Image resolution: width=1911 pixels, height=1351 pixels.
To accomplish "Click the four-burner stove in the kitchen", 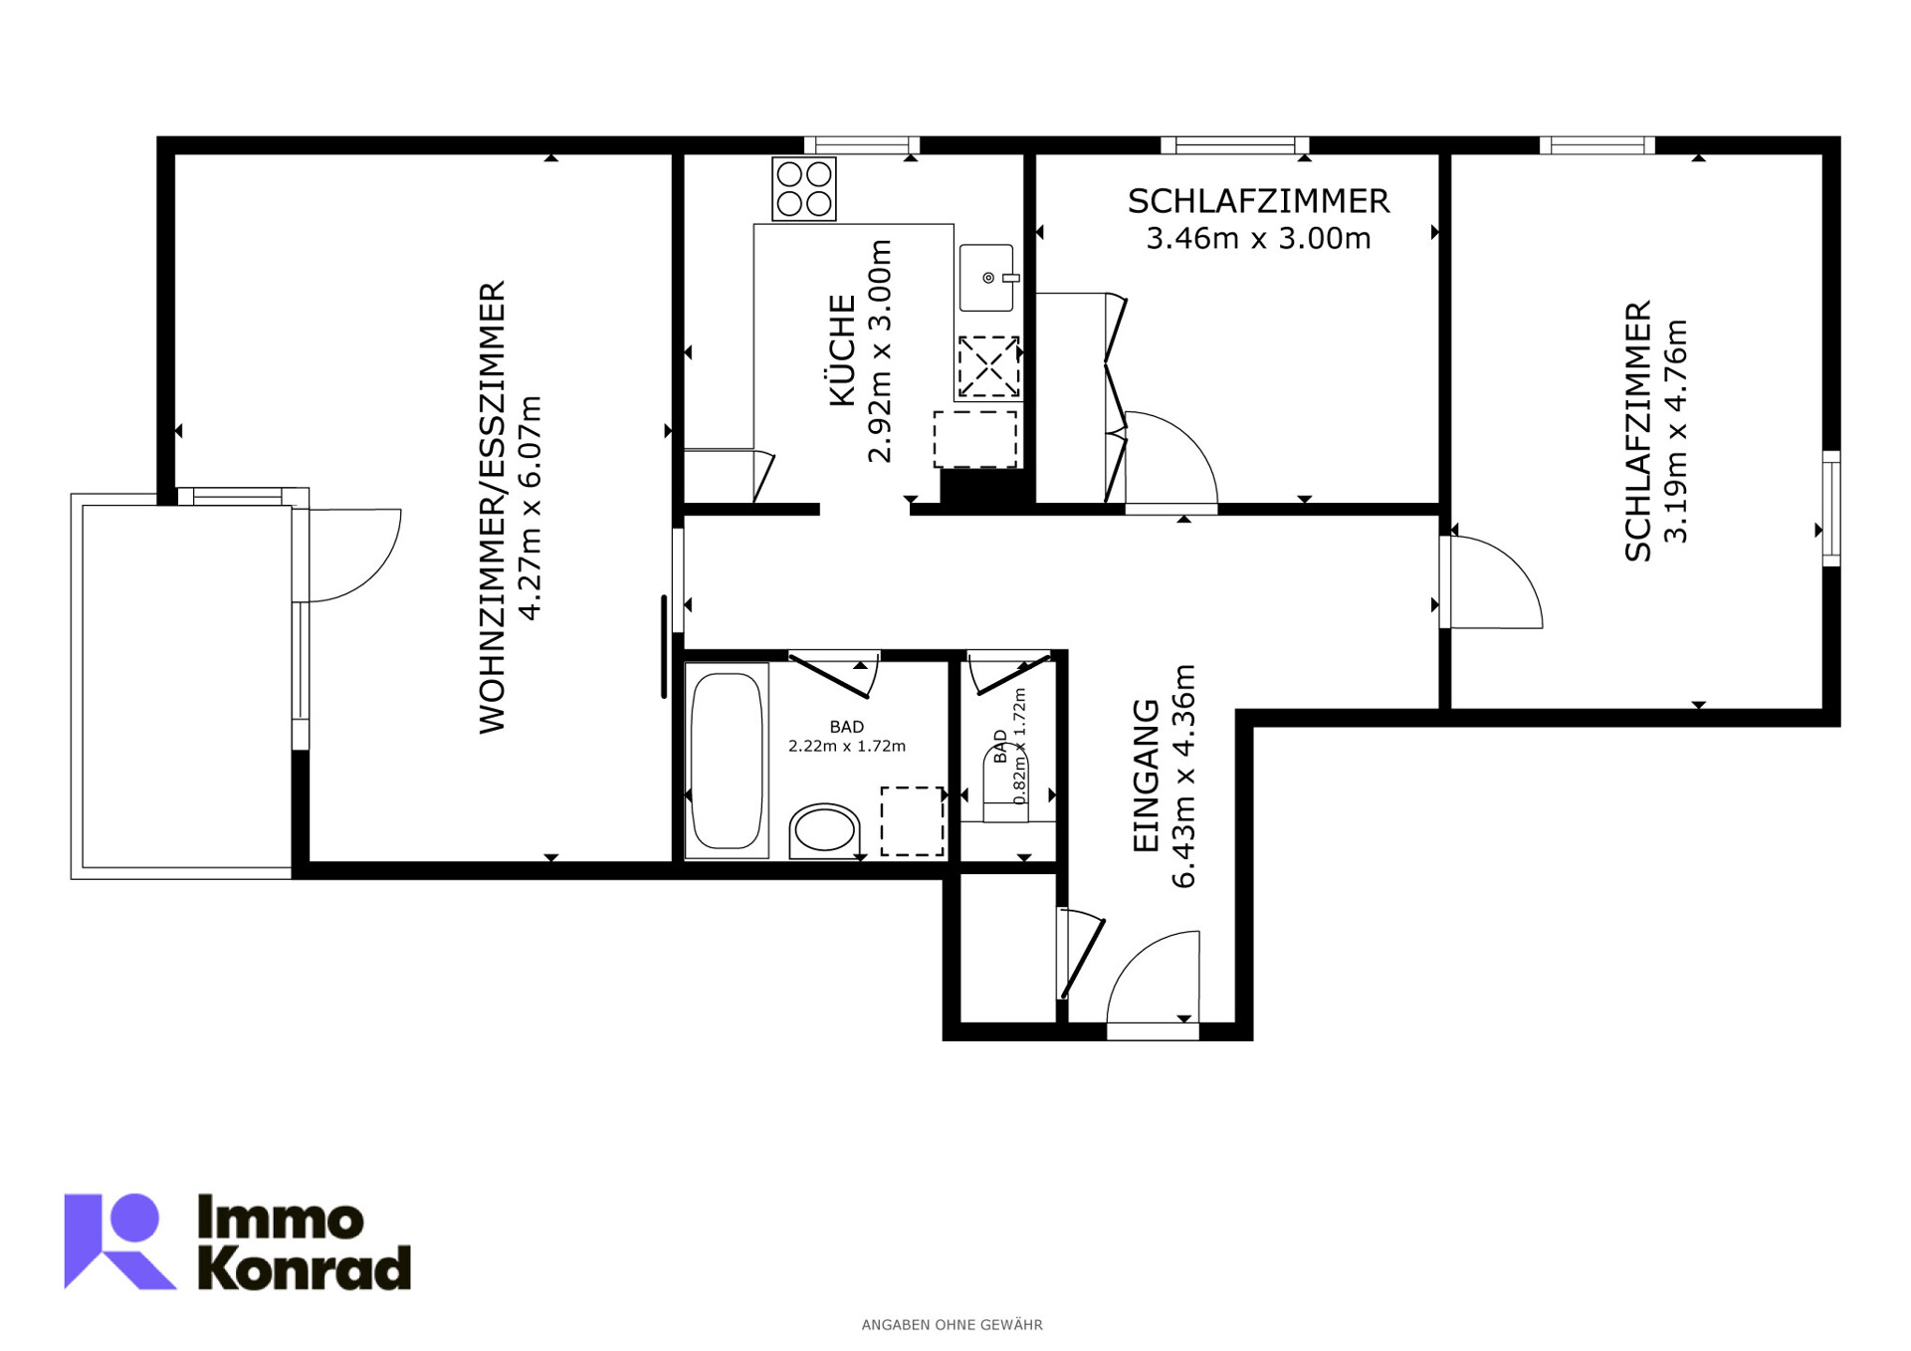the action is tap(804, 189).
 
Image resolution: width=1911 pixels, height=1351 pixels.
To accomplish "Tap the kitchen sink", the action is tap(986, 278).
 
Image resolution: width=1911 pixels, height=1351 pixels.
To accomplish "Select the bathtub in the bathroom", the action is tap(727, 762).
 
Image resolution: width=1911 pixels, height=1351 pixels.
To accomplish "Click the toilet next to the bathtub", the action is tap(825, 831).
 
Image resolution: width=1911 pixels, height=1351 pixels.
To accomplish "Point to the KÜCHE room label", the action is tap(842, 350).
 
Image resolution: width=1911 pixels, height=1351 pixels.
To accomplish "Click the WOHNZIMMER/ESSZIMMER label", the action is tap(493, 508).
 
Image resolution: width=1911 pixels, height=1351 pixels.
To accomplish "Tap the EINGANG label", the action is tap(1147, 776).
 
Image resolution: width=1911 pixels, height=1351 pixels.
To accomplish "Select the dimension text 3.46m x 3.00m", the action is tap(1258, 239).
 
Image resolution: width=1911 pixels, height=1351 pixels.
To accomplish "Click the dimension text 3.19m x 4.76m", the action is tap(1676, 431).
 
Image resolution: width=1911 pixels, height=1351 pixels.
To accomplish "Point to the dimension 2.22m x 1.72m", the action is tap(847, 746).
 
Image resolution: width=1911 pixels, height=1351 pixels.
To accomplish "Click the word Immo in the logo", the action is tap(281, 1219).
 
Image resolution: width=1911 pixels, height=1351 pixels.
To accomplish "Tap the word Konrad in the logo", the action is tap(305, 1267).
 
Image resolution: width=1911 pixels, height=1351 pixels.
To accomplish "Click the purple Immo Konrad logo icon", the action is tap(119, 1241).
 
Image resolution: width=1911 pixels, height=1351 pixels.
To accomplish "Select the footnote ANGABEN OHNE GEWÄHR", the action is tap(953, 1325).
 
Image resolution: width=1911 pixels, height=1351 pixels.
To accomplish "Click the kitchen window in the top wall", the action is tap(862, 145).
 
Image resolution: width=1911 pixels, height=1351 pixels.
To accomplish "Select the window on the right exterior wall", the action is tap(1831, 509).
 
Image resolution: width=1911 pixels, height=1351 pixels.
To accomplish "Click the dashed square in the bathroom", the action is tap(913, 821).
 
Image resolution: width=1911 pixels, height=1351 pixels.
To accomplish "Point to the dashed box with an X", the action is tap(988, 366).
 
